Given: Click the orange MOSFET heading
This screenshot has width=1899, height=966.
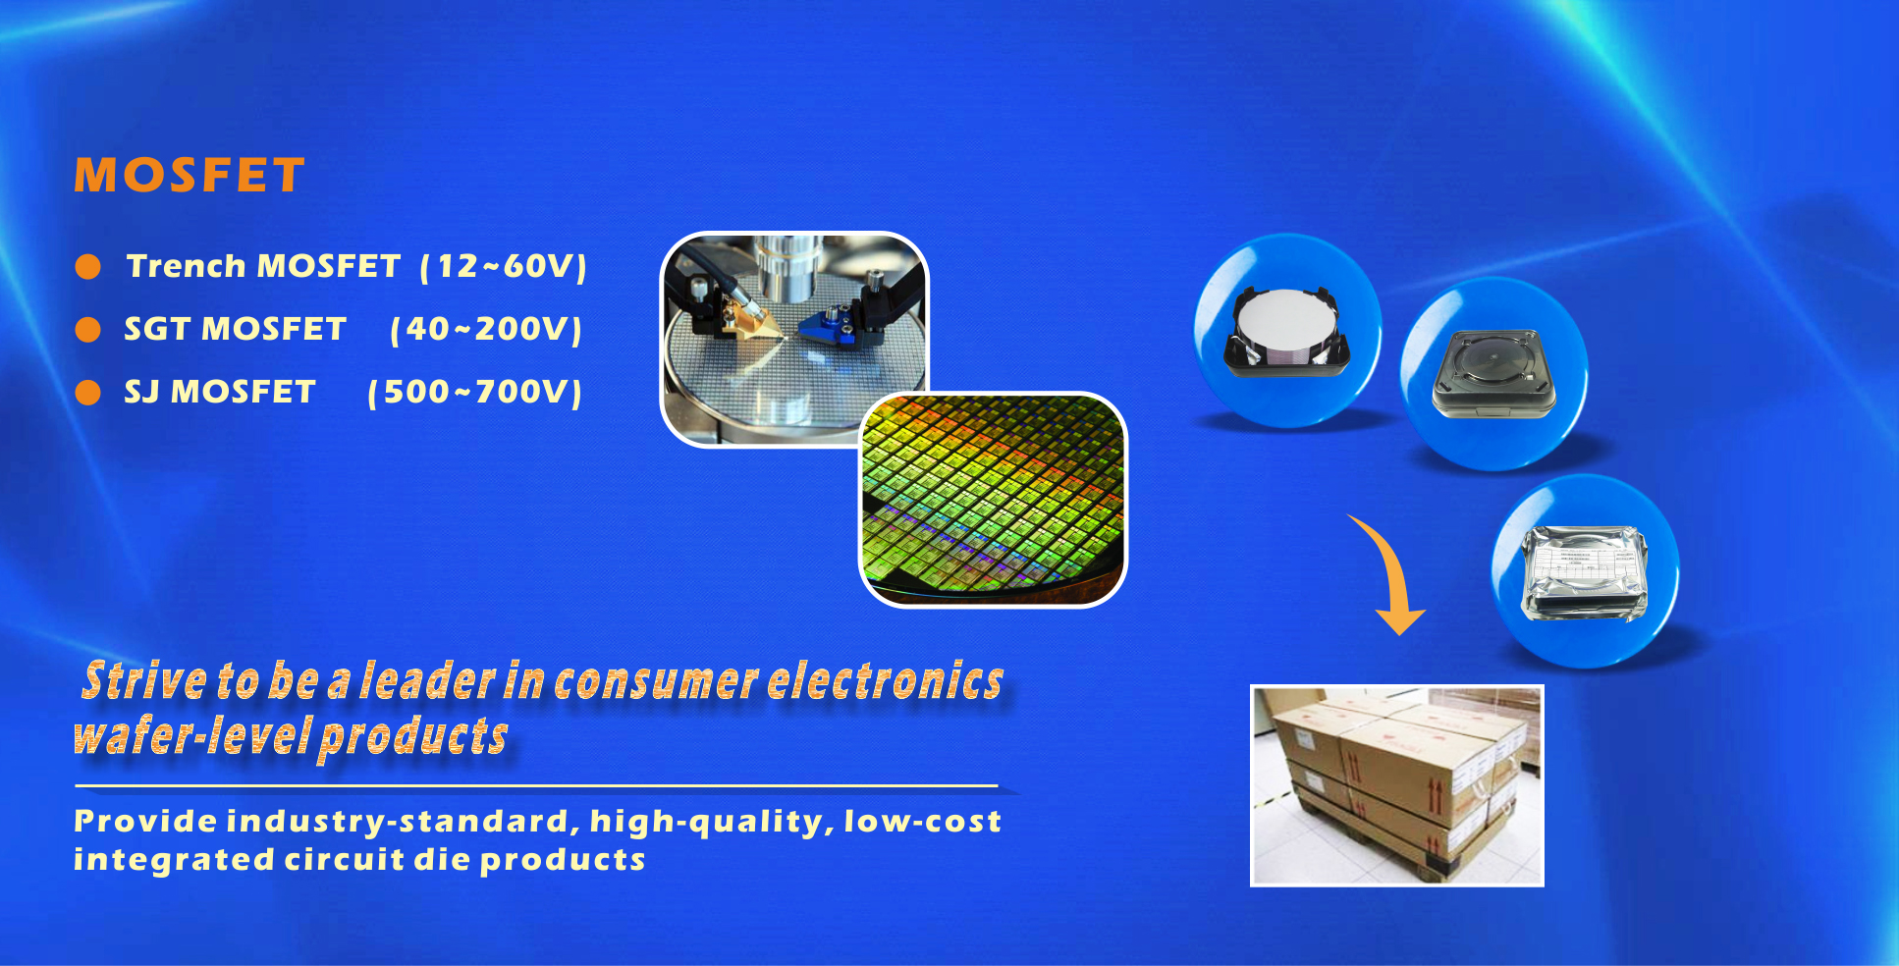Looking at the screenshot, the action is pyautogui.click(x=190, y=176).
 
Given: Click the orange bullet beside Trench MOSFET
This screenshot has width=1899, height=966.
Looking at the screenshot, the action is pyautogui.click(x=88, y=267).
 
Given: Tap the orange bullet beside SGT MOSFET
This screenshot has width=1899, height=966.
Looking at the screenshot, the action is pyautogui.click(x=88, y=330).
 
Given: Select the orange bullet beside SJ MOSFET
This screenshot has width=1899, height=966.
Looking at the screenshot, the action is pyautogui.click(x=88, y=393).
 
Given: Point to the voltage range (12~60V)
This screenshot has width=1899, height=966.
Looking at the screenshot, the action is pyautogui.click(x=504, y=266).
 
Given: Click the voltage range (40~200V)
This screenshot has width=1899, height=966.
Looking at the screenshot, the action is pyautogui.click(x=486, y=329).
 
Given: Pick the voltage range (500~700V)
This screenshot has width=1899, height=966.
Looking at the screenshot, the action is pyautogui.click(x=475, y=392).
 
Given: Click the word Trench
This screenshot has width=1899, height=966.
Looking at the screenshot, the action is pyautogui.click(x=186, y=266).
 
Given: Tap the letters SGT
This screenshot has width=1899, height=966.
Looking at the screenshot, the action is pyautogui.click(x=157, y=329).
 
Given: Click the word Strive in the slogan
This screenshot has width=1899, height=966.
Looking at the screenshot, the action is pyautogui.click(x=144, y=680).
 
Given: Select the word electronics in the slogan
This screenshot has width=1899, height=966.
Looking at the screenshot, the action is pyautogui.click(x=885, y=680).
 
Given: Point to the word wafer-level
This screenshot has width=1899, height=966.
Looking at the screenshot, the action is pyautogui.click(x=192, y=735).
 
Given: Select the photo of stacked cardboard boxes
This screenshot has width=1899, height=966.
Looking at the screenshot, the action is pyautogui.click(x=1397, y=785).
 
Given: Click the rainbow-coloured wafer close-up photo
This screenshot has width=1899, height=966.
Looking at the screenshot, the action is pyautogui.click(x=993, y=500).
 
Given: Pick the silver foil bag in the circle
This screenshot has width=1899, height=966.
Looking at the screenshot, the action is pyautogui.click(x=1584, y=573).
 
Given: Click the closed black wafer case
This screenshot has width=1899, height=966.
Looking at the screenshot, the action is pyautogui.click(x=1492, y=374).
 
